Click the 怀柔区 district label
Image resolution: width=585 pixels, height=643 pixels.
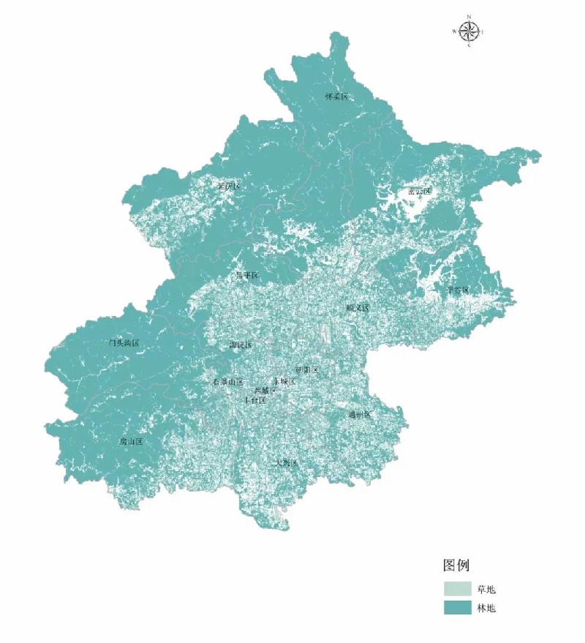pyautogui.click(x=336, y=97)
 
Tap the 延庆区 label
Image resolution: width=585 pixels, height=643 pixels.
pyautogui.click(x=229, y=187)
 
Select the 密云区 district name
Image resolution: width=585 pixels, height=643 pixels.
pyautogui.click(x=420, y=192)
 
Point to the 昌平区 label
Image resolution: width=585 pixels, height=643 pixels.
pyautogui.click(x=247, y=276)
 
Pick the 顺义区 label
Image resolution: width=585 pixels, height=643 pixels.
pyautogui.click(x=358, y=308)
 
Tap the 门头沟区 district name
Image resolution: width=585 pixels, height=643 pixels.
pyautogui.click(x=124, y=342)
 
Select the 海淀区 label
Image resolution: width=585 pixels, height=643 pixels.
pyautogui.click(x=241, y=345)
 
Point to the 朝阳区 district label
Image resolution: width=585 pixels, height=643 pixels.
pyautogui.click(x=307, y=369)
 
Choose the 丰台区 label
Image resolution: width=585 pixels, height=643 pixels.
pyautogui.click(x=254, y=400)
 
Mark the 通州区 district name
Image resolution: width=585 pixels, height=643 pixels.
pyautogui.click(x=360, y=415)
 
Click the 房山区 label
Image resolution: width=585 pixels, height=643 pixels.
pyautogui.click(x=131, y=442)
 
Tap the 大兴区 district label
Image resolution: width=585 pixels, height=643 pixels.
pyautogui.click(x=286, y=463)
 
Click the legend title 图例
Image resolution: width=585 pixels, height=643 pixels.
pyautogui.click(x=456, y=565)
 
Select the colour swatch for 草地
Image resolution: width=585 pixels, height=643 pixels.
pyautogui.click(x=457, y=589)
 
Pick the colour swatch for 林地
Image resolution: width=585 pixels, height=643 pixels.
pyautogui.click(x=457, y=608)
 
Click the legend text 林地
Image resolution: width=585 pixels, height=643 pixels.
pyautogui.click(x=487, y=608)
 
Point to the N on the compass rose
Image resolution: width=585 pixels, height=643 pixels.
pyautogui.click(x=469, y=16)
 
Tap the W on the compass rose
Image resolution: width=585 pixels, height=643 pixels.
pyautogui.click(x=454, y=31)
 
